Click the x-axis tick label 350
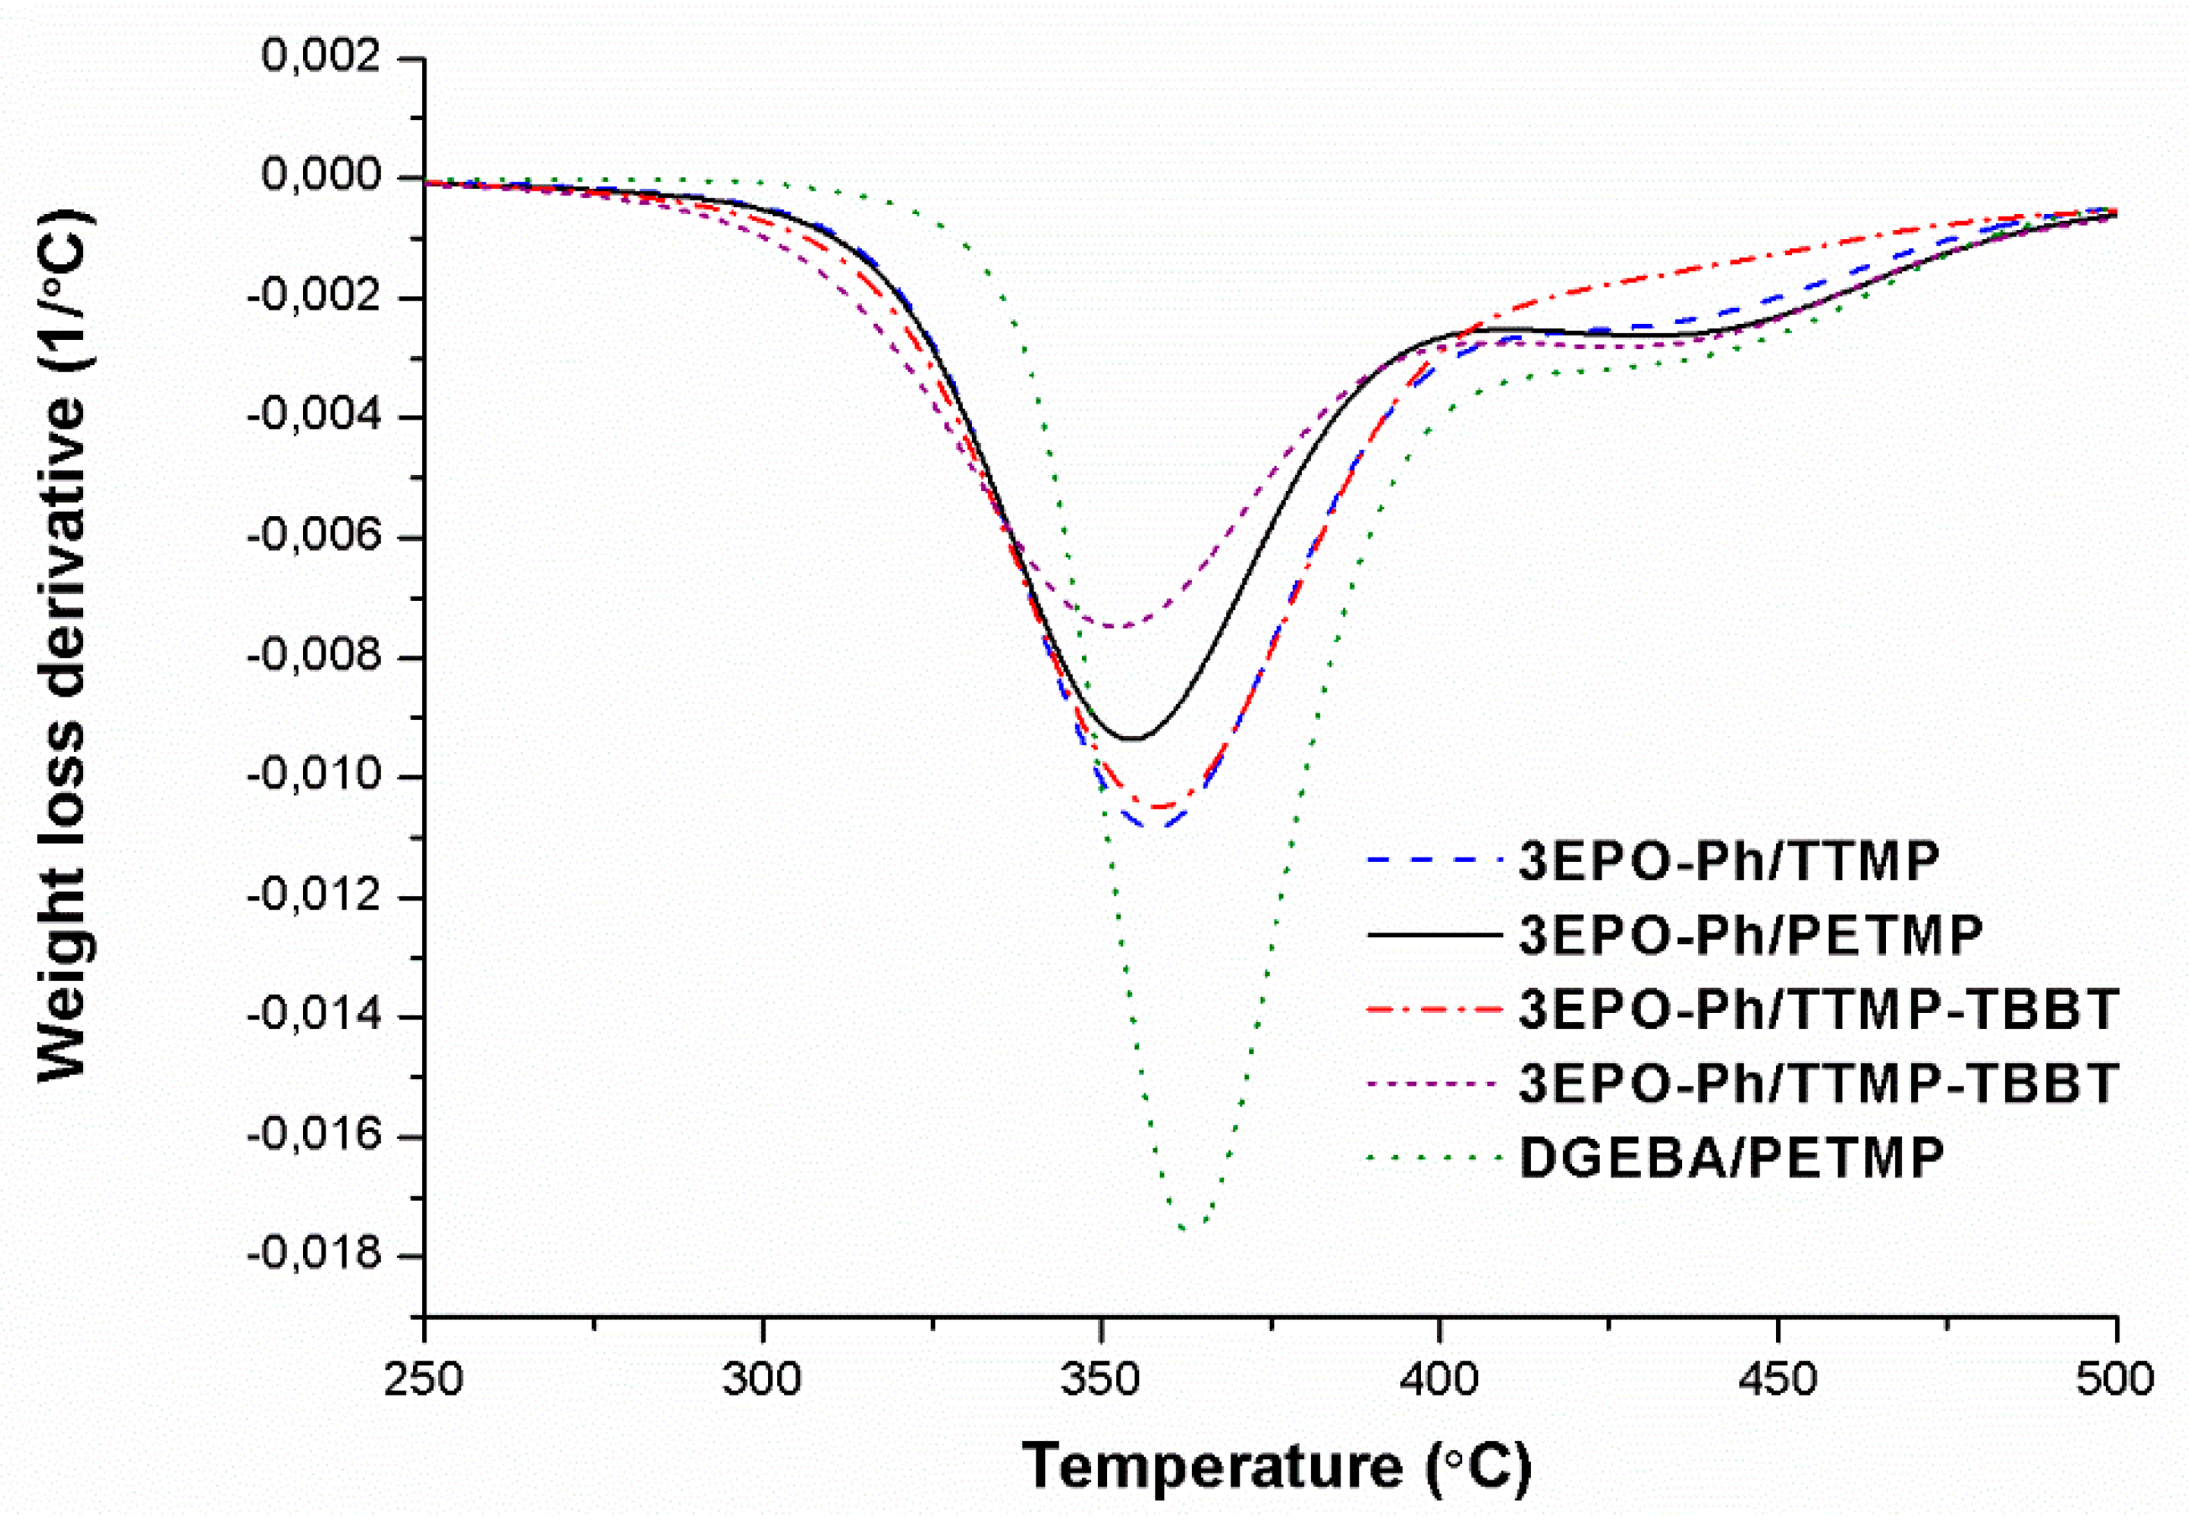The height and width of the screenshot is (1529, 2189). pos(1100,1380)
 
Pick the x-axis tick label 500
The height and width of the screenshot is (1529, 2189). pos(2113,1380)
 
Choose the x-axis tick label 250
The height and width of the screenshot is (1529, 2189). pos(423,1380)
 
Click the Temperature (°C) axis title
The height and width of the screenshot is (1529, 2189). pos(1276,1465)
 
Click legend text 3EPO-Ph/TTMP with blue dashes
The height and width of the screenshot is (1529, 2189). pos(1727,861)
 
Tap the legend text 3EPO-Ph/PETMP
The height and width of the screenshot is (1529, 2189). pos(1750,935)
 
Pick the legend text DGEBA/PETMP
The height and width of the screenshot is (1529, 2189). pos(1732,1158)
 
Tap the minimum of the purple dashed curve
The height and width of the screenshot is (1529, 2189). pos(1117,626)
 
